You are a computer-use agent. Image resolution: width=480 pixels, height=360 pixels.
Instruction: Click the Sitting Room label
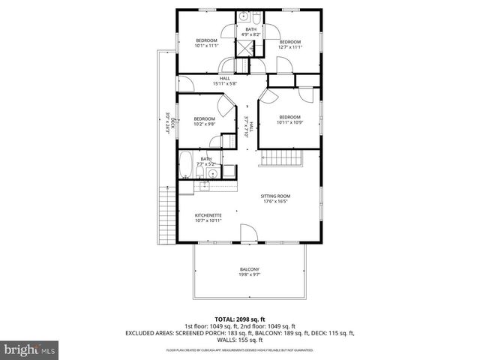(x=276, y=199)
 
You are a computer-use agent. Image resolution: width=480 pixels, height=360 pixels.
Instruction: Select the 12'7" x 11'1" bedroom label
(x=289, y=44)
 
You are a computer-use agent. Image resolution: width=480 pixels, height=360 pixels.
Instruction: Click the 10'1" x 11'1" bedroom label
(x=206, y=43)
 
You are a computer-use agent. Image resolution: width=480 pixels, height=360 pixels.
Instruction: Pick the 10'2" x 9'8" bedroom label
(x=204, y=122)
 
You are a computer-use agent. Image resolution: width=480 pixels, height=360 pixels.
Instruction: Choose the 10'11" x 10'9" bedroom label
(x=289, y=120)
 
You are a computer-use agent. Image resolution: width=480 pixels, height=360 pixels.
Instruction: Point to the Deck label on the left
(x=171, y=122)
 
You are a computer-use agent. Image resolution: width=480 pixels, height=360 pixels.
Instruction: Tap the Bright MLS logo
(x=30, y=349)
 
